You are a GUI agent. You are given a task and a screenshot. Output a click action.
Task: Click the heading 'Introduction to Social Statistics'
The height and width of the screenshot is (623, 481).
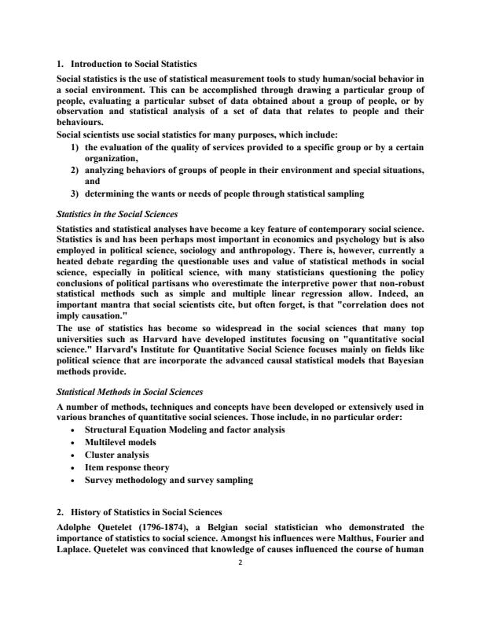134,63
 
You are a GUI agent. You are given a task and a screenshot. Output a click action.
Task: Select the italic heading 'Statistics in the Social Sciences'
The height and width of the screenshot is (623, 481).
117,213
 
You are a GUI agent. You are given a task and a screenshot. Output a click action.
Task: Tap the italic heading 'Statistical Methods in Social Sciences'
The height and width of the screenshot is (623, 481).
130,391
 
